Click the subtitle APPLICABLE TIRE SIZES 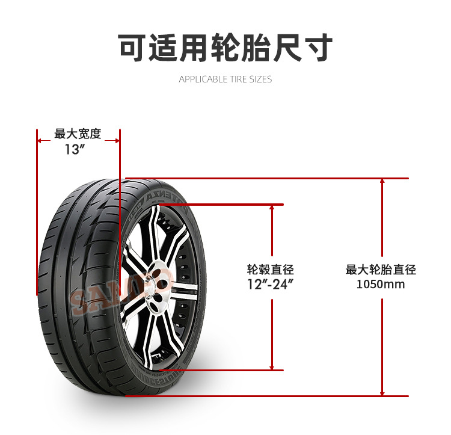(x=225, y=79)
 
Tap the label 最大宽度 (x=78, y=134)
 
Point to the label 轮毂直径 (x=271, y=270)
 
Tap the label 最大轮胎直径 (x=381, y=270)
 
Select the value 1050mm (x=381, y=284)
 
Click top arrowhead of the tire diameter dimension (x=382, y=182)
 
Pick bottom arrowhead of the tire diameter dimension (x=382, y=392)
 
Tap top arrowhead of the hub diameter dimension (x=272, y=208)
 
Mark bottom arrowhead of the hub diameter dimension (x=272, y=366)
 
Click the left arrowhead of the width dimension (x=40, y=141)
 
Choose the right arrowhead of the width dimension (x=117, y=141)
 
